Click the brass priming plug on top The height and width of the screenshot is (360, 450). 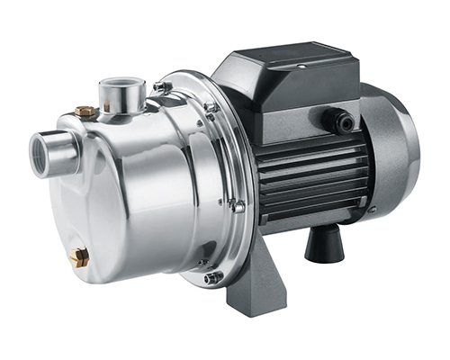(x=86, y=112)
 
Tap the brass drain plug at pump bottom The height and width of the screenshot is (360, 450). (x=79, y=258)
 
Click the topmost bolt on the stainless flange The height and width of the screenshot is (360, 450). (x=162, y=86)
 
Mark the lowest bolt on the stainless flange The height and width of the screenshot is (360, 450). (x=213, y=277)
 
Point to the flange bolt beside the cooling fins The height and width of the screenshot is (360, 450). (x=238, y=206)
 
